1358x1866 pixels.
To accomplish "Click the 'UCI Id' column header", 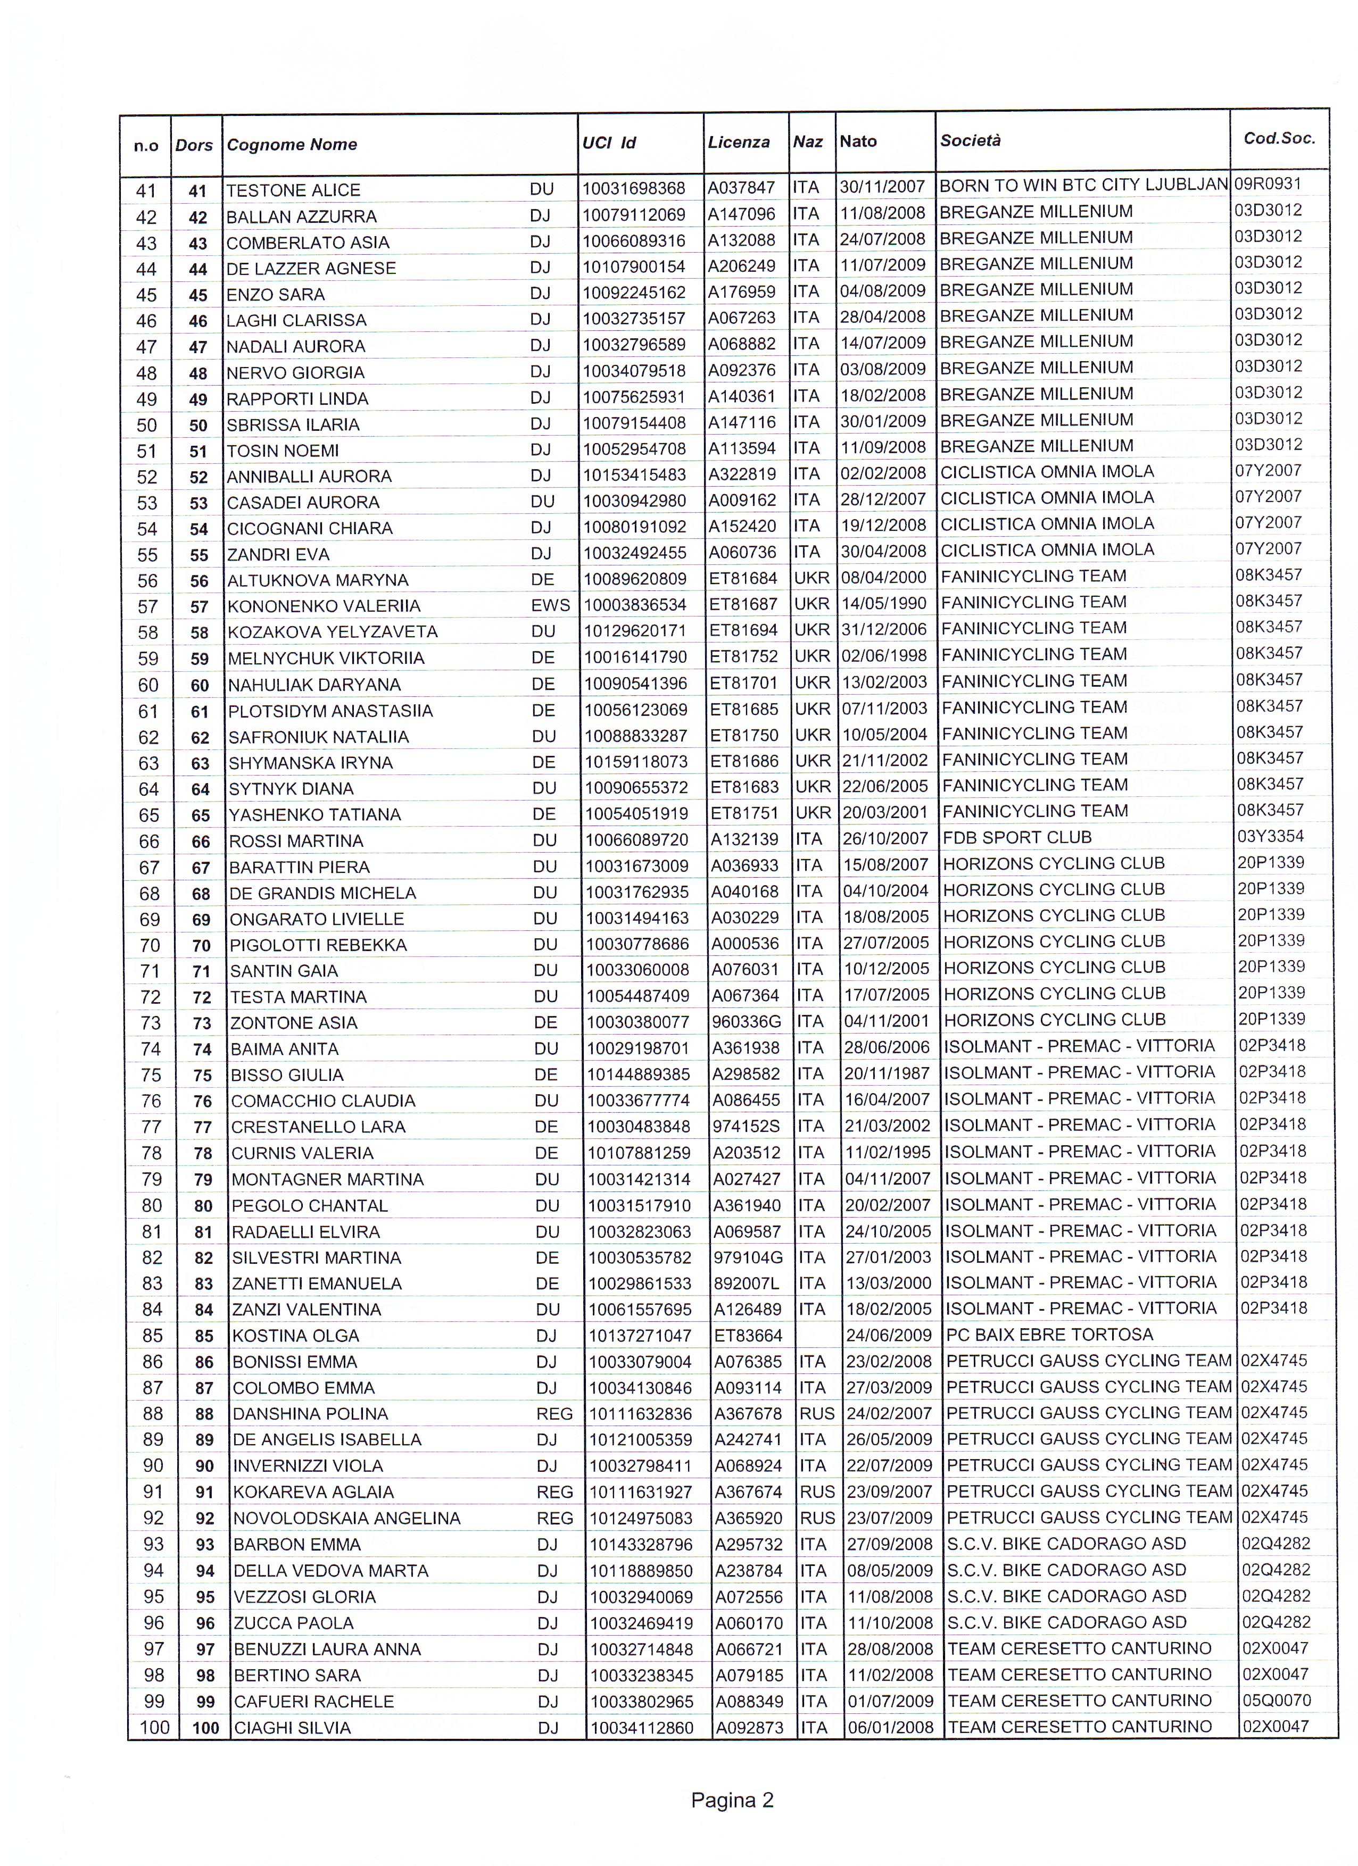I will (609, 143).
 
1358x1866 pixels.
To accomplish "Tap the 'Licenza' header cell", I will (738, 143).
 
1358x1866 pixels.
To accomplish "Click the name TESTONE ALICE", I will (293, 190).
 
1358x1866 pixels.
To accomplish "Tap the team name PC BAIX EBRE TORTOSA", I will (1049, 1335).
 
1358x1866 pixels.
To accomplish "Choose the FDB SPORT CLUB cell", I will (1017, 838).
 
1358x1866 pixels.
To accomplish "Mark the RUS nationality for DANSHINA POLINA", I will (816, 1413).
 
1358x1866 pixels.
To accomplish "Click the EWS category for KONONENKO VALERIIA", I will (551, 605).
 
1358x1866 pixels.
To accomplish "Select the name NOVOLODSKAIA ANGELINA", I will (346, 1519).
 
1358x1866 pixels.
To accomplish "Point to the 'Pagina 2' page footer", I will (733, 1800).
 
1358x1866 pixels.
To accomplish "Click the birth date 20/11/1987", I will (887, 1073).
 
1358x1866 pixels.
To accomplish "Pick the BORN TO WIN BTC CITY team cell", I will (1083, 186).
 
